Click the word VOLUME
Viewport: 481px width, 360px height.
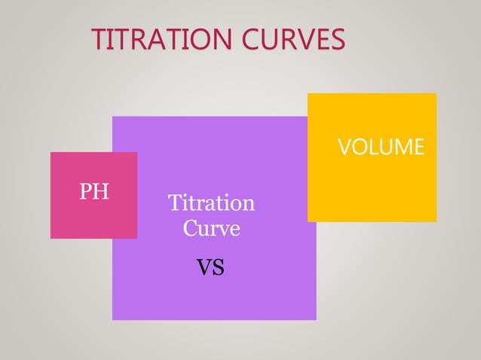tap(381, 147)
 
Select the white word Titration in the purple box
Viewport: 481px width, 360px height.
tap(211, 203)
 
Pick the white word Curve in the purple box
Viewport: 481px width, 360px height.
tap(211, 227)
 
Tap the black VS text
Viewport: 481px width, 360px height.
tap(210, 267)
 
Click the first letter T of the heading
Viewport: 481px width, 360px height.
tap(97, 40)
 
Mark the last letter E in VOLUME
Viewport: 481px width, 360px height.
tap(418, 147)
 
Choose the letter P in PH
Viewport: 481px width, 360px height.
tap(86, 191)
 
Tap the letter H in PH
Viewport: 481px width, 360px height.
tap(102, 191)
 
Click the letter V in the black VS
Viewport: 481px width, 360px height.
tap(204, 267)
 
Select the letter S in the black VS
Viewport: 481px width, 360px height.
tap(219, 267)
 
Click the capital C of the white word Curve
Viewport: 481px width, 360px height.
tap(190, 227)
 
